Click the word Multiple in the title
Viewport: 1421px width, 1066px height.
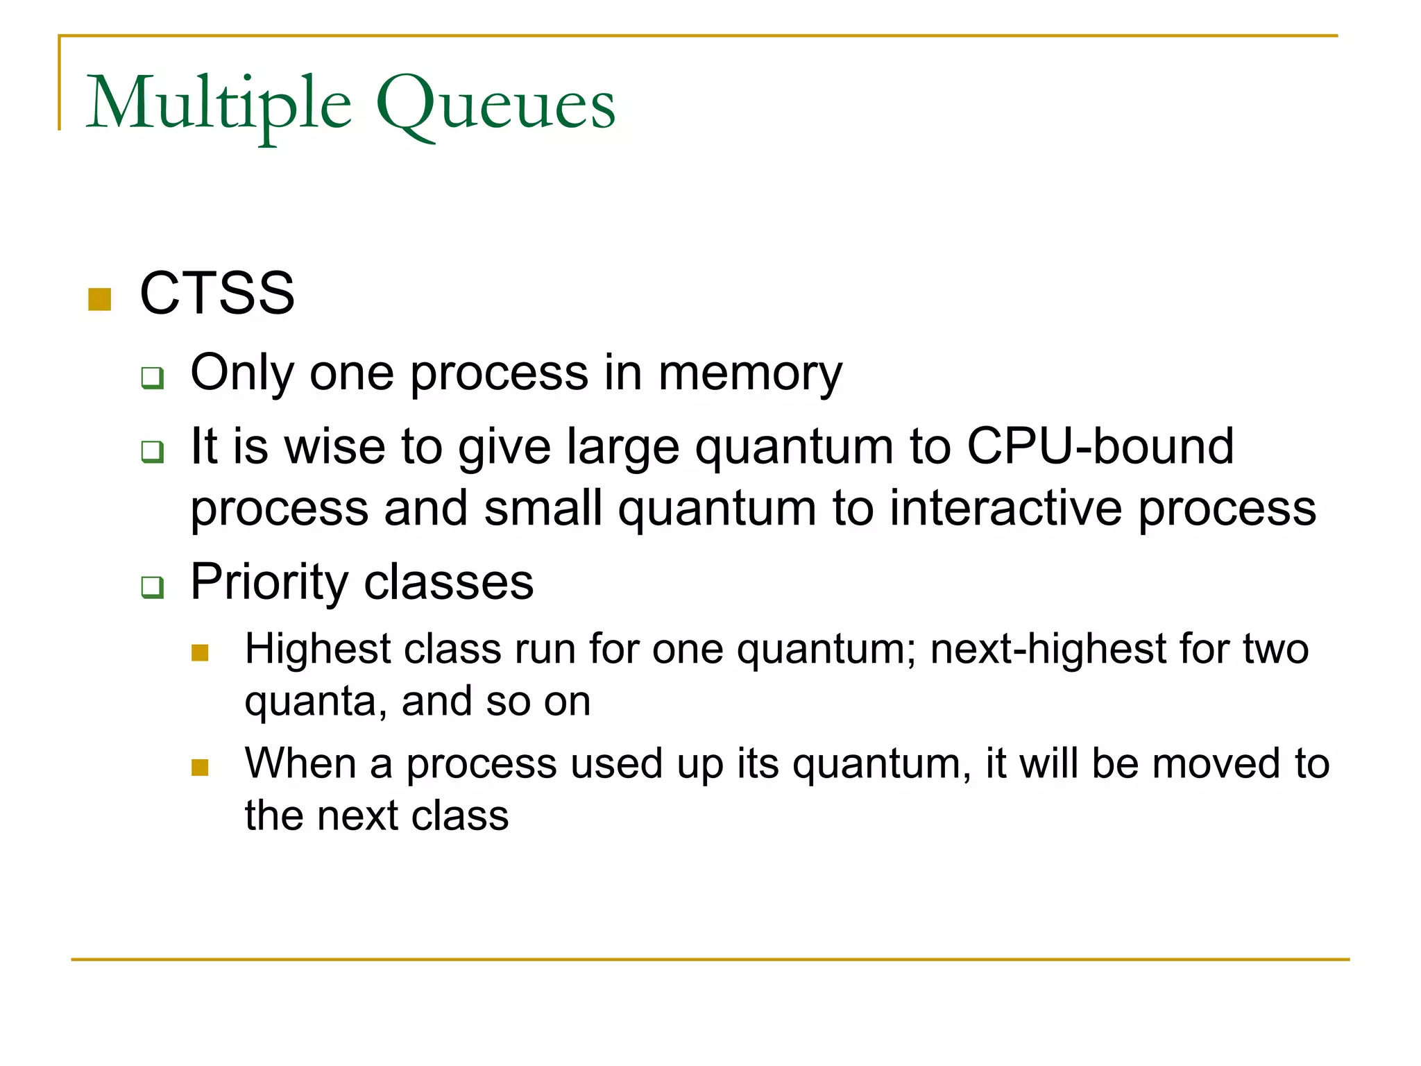coord(219,104)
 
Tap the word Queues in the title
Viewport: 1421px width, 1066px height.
coord(495,104)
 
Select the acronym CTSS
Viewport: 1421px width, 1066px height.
coord(217,294)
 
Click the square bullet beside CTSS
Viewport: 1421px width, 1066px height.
coord(100,299)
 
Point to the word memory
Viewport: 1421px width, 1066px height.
coord(750,375)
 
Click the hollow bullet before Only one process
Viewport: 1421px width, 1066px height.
coord(153,378)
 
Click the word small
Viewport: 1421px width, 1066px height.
coord(543,508)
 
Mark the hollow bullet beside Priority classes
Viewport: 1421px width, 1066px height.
coord(153,587)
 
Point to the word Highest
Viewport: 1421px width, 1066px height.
coord(318,650)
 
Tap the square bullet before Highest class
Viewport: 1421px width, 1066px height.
coord(200,653)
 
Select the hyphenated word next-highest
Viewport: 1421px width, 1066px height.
coord(1047,650)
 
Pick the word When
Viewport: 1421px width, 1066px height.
coord(300,763)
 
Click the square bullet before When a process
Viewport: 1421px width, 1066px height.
coord(200,768)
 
